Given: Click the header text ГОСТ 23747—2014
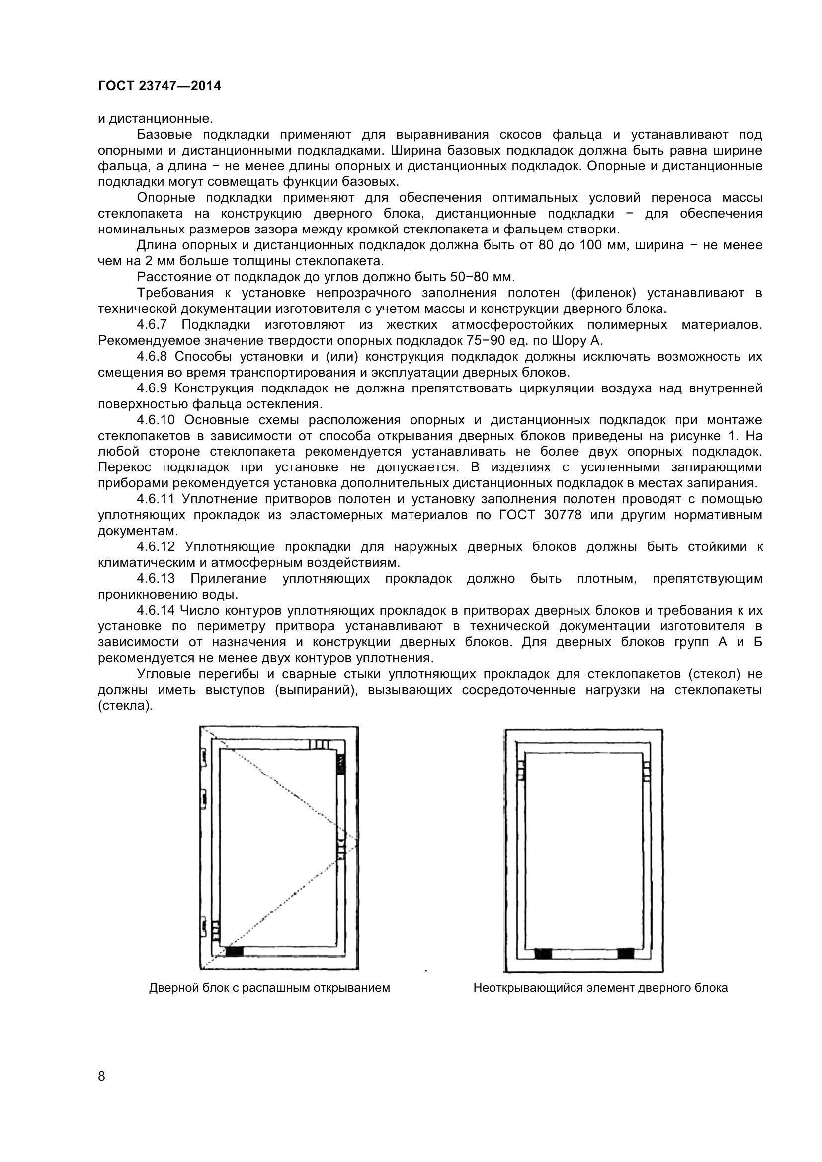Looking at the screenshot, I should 160,86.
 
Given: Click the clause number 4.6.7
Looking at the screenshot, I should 152,324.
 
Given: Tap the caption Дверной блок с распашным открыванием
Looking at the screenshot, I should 269,988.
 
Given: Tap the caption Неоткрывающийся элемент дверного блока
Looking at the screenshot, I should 600,988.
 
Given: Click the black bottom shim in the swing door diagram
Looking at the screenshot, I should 235,952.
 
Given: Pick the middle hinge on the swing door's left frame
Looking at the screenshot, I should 203,799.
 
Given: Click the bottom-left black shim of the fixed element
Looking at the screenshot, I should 543,954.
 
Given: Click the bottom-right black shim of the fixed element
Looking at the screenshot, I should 626,954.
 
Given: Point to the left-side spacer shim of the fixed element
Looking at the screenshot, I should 520,772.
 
